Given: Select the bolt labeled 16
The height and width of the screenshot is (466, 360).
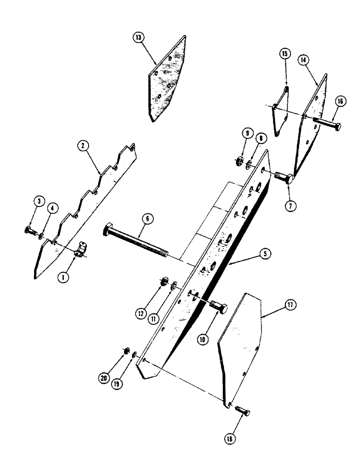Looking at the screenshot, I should pos(328,125).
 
